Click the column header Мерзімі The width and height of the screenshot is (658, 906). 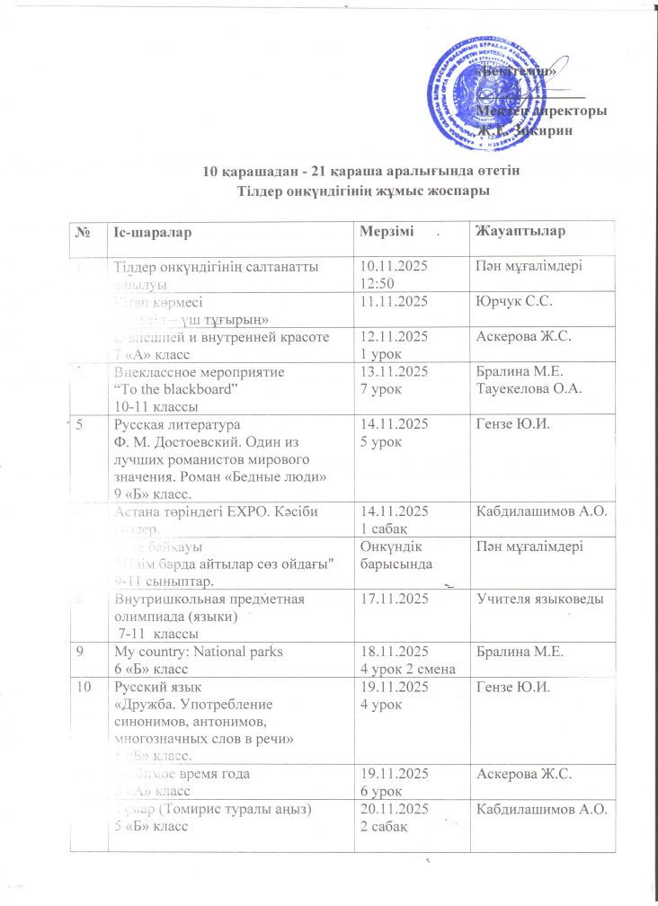coord(387,233)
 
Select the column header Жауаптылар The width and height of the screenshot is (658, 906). coord(519,233)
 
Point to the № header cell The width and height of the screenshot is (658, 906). coord(84,233)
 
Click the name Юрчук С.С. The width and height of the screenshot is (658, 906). coord(507,305)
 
